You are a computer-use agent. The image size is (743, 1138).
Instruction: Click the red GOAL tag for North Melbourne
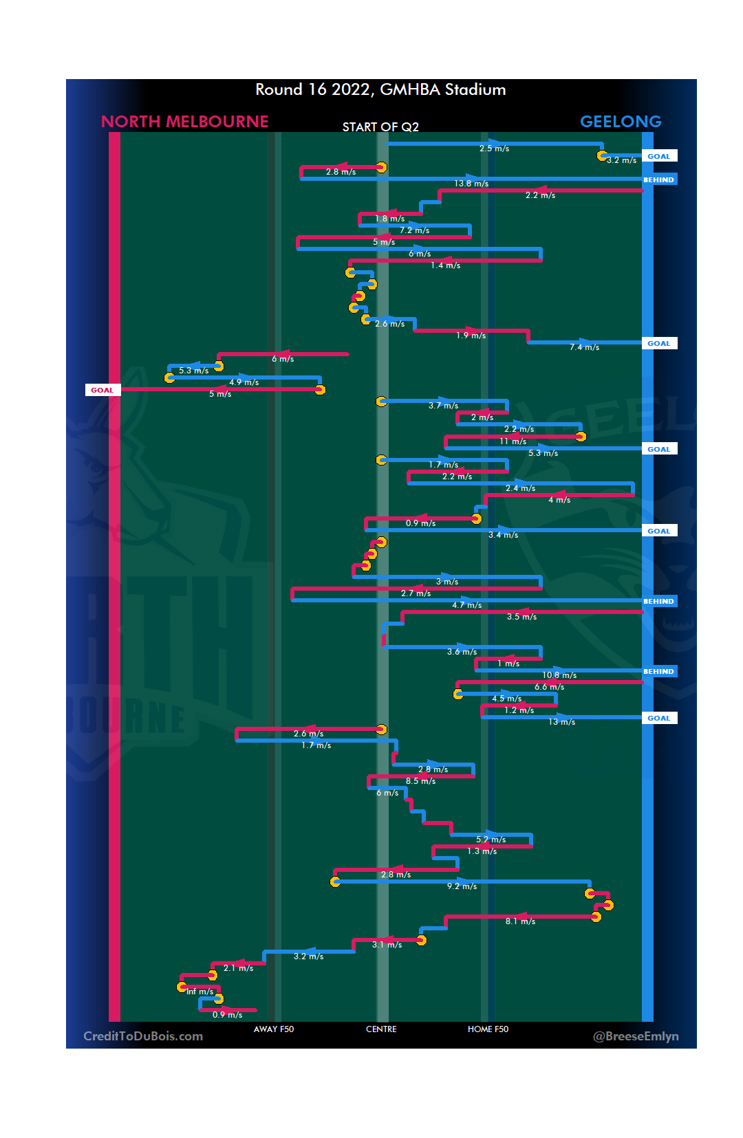tap(102, 390)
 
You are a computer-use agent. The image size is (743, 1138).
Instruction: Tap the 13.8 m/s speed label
tap(471, 184)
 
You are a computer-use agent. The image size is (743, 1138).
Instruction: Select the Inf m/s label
tap(200, 992)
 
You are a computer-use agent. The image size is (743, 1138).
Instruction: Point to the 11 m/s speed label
tap(513, 441)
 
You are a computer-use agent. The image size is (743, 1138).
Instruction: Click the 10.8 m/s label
tap(559, 675)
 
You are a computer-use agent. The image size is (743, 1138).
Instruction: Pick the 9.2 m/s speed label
tap(462, 886)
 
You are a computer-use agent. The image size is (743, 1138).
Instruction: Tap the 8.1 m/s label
tap(520, 921)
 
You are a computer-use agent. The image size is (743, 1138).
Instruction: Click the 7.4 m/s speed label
tap(584, 347)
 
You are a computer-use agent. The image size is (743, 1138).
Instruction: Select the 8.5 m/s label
tap(420, 781)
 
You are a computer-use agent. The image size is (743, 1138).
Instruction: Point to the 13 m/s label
tap(561, 722)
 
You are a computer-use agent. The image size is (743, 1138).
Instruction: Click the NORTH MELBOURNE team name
tap(184, 122)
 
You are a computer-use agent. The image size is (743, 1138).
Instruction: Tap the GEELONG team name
tap(621, 122)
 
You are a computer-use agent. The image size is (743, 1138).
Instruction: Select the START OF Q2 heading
tap(380, 127)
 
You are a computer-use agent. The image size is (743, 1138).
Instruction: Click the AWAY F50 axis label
tap(274, 1029)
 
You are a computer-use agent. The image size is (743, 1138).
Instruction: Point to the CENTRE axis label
tap(381, 1029)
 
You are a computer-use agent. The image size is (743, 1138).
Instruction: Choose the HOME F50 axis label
tap(488, 1029)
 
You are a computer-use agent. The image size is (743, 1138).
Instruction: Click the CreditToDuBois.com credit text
tap(143, 1036)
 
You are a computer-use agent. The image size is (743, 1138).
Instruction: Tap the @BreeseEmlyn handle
tap(636, 1036)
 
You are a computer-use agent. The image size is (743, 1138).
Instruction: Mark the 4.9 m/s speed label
tap(244, 382)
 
